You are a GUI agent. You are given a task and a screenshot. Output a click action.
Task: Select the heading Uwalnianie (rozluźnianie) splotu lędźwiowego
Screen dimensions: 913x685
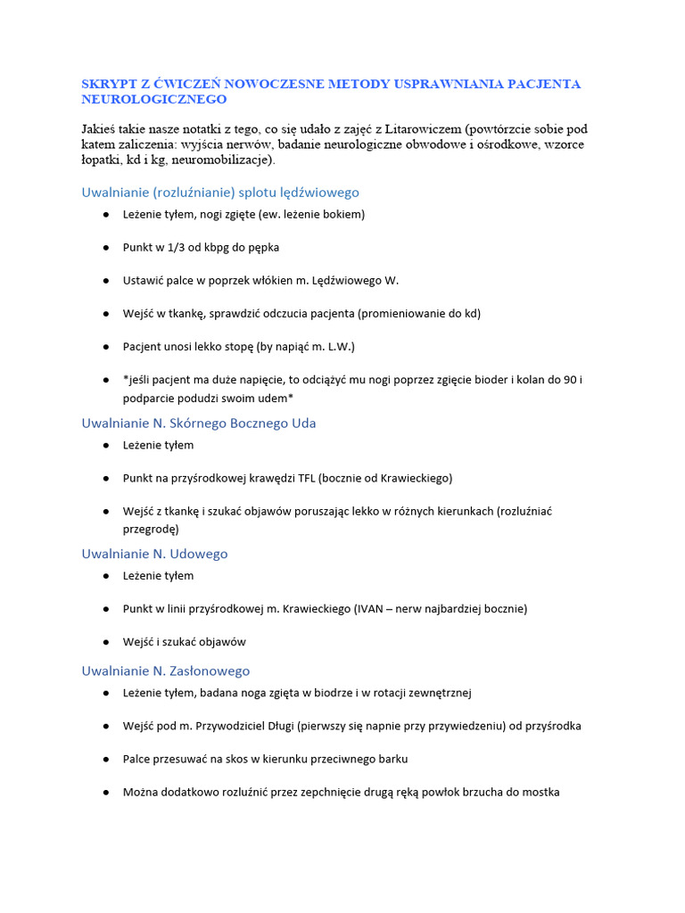pos(220,192)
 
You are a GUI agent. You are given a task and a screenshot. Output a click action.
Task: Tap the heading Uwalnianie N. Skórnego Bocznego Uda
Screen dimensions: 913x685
pos(199,423)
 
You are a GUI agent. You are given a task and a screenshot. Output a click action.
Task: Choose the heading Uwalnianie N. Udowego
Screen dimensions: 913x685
pos(154,554)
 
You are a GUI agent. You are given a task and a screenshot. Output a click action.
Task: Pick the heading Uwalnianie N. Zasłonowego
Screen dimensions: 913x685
pos(166,670)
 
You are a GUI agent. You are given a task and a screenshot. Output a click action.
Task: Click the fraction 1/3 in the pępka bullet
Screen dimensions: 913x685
pos(175,247)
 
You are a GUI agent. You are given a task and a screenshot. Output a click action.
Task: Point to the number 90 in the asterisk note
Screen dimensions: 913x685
pos(574,379)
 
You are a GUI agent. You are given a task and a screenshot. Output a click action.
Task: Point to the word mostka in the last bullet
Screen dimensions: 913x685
pos(542,792)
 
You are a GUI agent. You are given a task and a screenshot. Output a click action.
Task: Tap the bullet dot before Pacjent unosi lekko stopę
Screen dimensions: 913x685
pos(106,346)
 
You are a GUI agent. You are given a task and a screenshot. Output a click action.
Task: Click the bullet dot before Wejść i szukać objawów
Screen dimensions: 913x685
pos(106,642)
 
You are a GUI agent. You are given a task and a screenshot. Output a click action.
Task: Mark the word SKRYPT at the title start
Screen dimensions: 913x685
pos(104,84)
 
